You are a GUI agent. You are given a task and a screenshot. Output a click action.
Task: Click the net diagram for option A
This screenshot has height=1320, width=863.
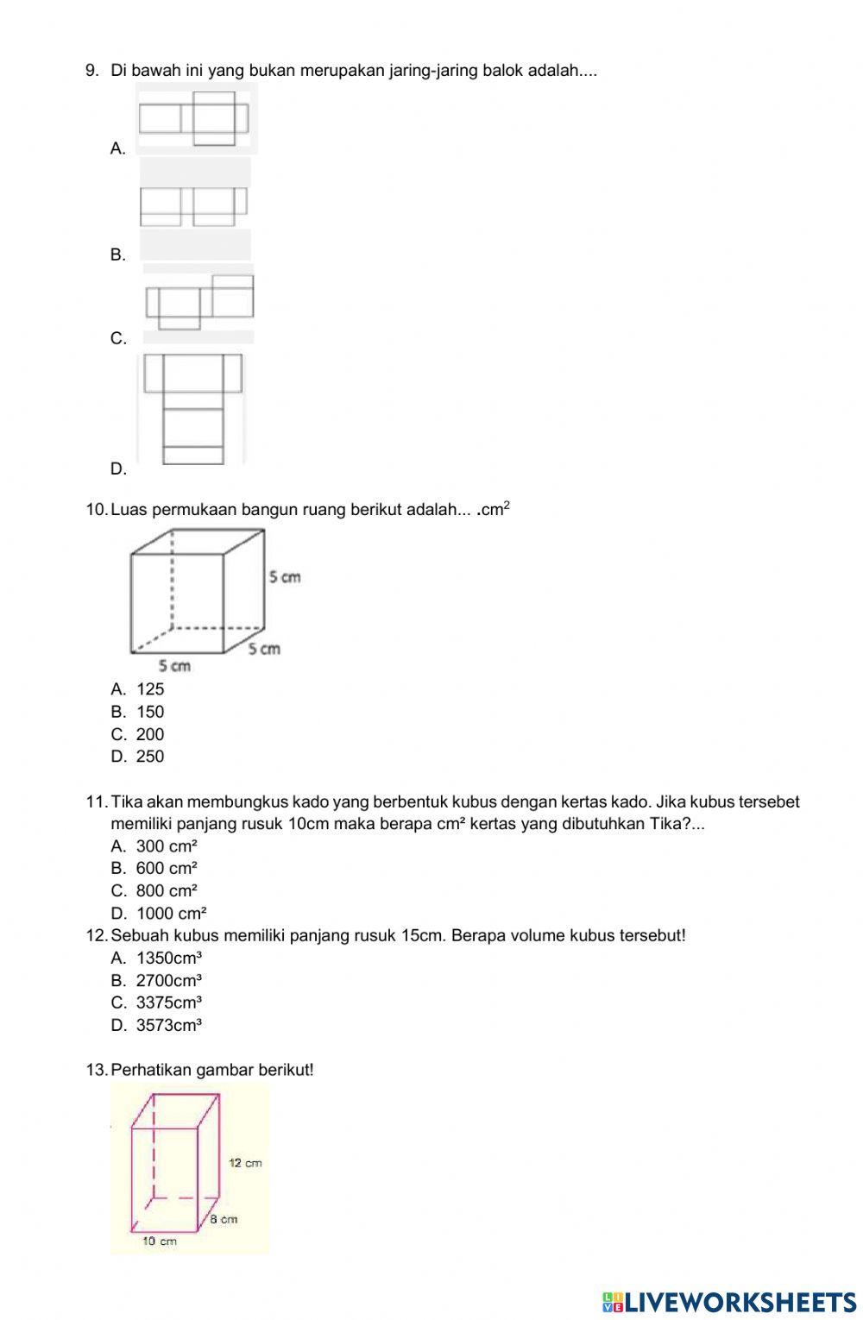(x=194, y=118)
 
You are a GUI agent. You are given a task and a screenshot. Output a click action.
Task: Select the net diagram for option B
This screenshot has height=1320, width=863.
(x=194, y=206)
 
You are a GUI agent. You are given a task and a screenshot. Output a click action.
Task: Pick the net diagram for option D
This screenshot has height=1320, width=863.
(x=193, y=409)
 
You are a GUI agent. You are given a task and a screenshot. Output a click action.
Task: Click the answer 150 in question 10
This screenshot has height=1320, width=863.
(x=149, y=712)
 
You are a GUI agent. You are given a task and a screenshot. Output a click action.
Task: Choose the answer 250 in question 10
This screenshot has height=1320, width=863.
(x=149, y=757)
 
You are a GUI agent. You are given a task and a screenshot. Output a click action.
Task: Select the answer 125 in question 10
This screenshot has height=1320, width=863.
(x=149, y=689)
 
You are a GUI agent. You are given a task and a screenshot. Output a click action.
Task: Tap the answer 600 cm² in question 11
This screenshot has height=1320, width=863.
(x=167, y=869)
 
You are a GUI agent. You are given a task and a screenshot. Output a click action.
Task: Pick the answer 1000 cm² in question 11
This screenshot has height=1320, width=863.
(x=171, y=914)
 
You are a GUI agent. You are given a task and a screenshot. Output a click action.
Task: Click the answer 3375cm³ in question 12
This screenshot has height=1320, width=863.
(x=169, y=1003)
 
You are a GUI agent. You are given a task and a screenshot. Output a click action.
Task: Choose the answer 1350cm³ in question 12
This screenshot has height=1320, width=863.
(x=169, y=958)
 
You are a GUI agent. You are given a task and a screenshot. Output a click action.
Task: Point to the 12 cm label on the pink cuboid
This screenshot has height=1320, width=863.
(x=245, y=1163)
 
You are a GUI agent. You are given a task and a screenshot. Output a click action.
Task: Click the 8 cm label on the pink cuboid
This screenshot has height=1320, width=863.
(x=224, y=1219)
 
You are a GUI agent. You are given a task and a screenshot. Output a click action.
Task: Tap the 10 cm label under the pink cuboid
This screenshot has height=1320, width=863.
(x=160, y=1241)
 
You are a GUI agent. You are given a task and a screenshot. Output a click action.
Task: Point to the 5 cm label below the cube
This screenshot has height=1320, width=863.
(x=174, y=665)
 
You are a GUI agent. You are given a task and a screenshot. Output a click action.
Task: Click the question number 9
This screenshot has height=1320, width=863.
(x=91, y=71)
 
